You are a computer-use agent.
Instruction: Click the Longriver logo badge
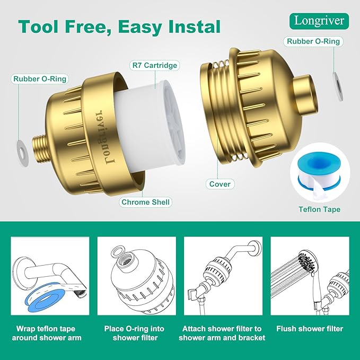click(x=319, y=21)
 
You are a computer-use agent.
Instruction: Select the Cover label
click(x=220, y=184)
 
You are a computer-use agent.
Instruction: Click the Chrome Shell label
click(x=146, y=202)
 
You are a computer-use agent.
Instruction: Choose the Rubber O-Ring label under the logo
click(x=313, y=41)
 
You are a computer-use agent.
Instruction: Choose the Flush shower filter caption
click(x=310, y=329)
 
